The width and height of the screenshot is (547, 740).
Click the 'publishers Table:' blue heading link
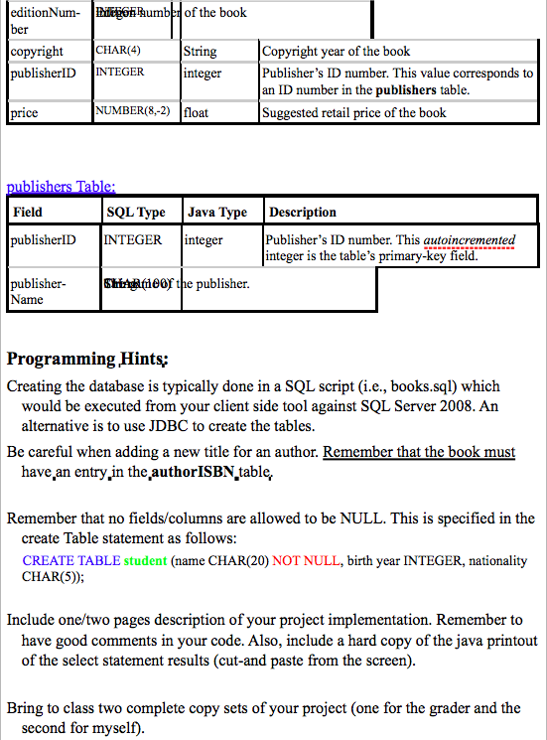click(x=61, y=186)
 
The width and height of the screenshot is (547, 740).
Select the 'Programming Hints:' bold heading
click(x=87, y=359)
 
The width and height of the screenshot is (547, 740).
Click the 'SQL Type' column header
click(x=135, y=213)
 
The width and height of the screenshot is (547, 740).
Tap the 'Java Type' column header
click(x=216, y=213)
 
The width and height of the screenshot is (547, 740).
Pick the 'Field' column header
click(x=29, y=213)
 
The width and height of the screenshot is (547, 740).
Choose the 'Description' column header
click(x=303, y=213)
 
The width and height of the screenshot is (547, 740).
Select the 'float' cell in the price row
click(x=197, y=113)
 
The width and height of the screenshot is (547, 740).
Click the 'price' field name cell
click(x=24, y=113)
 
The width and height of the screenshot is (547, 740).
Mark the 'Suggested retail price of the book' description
click(x=354, y=113)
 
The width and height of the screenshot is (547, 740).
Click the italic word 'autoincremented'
click(x=470, y=240)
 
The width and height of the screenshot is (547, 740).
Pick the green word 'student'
click(x=145, y=561)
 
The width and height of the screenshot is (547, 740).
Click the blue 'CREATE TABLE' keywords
click(x=70, y=561)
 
